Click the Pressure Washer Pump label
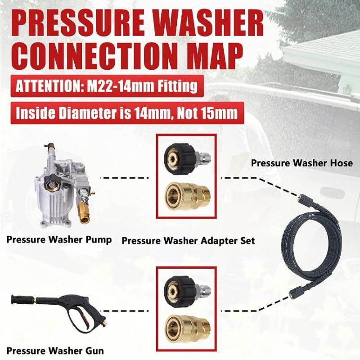pyautogui.click(x=59, y=239)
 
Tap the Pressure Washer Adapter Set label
pyautogui.click(x=188, y=240)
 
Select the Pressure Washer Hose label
pyautogui.click(x=301, y=163)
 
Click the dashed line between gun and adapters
pyautogui.click(x=130, y=310)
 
